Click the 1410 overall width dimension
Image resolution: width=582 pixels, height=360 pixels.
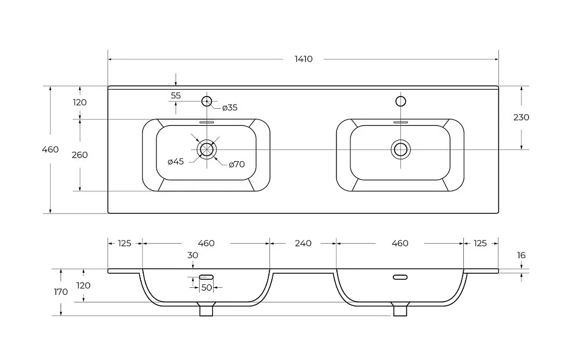tap(303, 59)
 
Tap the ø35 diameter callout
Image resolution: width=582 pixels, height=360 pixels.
tap(230, 108)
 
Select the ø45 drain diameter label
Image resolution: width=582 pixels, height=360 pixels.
tap(176, 162)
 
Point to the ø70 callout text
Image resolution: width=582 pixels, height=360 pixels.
tap(236, 164)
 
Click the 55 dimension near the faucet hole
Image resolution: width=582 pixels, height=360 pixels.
tap(176, 95)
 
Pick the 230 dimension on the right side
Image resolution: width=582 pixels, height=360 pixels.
tap(521, 117)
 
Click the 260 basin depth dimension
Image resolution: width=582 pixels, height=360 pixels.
tap(79, 155)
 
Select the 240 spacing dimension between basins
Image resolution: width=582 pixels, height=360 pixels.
tap(303, 243)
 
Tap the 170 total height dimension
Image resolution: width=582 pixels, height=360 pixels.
tap(61, 292)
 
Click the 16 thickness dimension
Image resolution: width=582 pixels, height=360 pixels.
tap(521, 255)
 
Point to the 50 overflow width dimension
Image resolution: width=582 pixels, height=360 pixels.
tap(207, 287)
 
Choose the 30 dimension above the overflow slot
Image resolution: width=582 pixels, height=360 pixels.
tap(193, 255)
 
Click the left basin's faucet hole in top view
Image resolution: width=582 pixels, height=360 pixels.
tap(207, 101)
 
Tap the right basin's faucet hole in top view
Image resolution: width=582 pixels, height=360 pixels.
tap(400, 101)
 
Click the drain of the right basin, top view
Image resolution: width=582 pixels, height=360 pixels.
tap(400, 149)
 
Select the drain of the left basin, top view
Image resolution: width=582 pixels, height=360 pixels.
tap(207, 149)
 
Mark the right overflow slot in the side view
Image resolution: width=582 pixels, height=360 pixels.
tap(400, 277)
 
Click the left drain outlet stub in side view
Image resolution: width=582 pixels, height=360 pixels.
tap(207, 309)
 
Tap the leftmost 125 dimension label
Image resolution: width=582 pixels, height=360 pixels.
tap(125, 243)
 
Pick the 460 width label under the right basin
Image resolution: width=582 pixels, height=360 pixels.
tap(400, 243)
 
